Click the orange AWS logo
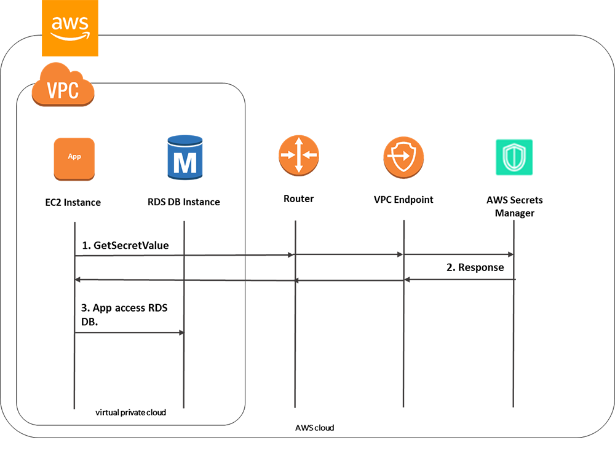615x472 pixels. click(x=69, y=28)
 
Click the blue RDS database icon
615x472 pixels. click(x=185, y=157)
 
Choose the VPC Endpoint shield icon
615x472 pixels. click(x=403, y=157)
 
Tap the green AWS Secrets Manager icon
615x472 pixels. click(x=514, y=157)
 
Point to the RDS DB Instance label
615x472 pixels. click(x=184, y=202)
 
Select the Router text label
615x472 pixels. click(x=299, y=199)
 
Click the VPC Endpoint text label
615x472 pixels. click(x=403, y=200)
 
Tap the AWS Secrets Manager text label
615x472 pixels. click(x=514, y=206)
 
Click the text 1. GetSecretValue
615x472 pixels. click(x=125, y=245)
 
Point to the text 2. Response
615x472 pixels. click(x=475, y=267)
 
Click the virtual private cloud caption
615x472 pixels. click(x=130, y=412)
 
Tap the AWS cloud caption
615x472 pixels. click(x=314, y=427)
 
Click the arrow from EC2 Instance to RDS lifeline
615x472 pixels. click(x=129, y=332)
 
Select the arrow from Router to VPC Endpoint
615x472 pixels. click(x=349, y=254)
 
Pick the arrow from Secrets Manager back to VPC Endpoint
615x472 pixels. click(x=459, y=280)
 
